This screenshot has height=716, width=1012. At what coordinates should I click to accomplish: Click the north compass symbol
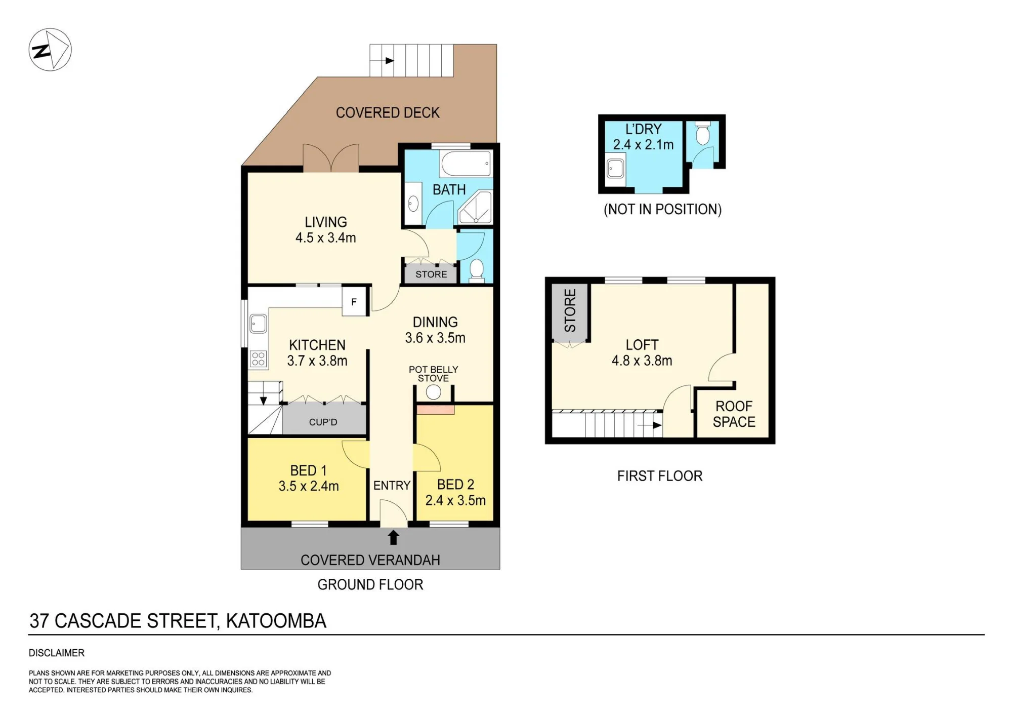point(50,50)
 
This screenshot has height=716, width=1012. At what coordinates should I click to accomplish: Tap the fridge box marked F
point(354,302)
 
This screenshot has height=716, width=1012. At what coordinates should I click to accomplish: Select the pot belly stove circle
point(433,392)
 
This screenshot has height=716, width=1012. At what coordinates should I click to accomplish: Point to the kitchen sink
point(259,324)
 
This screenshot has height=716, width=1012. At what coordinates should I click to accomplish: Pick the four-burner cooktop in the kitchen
point(258,359)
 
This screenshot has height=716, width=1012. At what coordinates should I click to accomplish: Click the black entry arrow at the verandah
point(393,537)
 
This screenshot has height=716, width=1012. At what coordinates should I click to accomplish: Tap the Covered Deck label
point(388,112)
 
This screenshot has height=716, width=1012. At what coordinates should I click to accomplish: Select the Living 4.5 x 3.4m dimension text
point(326,237)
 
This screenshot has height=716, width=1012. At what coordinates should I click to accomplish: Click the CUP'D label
point(323,422)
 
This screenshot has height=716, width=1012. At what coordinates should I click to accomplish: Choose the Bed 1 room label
point(308,470)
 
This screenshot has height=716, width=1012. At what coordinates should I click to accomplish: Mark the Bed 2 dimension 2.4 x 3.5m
point(455,500)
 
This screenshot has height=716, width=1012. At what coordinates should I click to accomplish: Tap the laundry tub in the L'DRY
point(615,169)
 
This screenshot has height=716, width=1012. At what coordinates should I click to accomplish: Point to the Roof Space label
point(734,414)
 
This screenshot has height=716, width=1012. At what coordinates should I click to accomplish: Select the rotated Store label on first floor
point(570,310)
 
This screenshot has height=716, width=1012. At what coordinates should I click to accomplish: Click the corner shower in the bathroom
point(475,207)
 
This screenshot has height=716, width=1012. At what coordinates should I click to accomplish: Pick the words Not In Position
point(662,209)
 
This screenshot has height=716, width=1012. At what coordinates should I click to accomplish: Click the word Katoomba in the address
point(276,621)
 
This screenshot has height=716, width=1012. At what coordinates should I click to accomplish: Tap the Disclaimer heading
point(57,653)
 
